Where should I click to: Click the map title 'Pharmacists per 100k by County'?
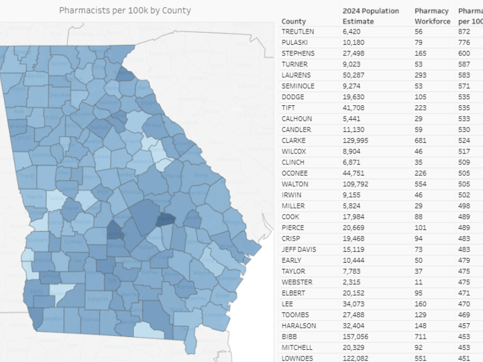pos(125,10)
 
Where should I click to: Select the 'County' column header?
pos(294,21)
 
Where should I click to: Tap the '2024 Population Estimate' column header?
pos(370,16)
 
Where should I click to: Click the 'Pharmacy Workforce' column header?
pos(432,16)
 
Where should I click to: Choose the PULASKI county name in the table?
pos(296,42)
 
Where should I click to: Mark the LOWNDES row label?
pos(297,358)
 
